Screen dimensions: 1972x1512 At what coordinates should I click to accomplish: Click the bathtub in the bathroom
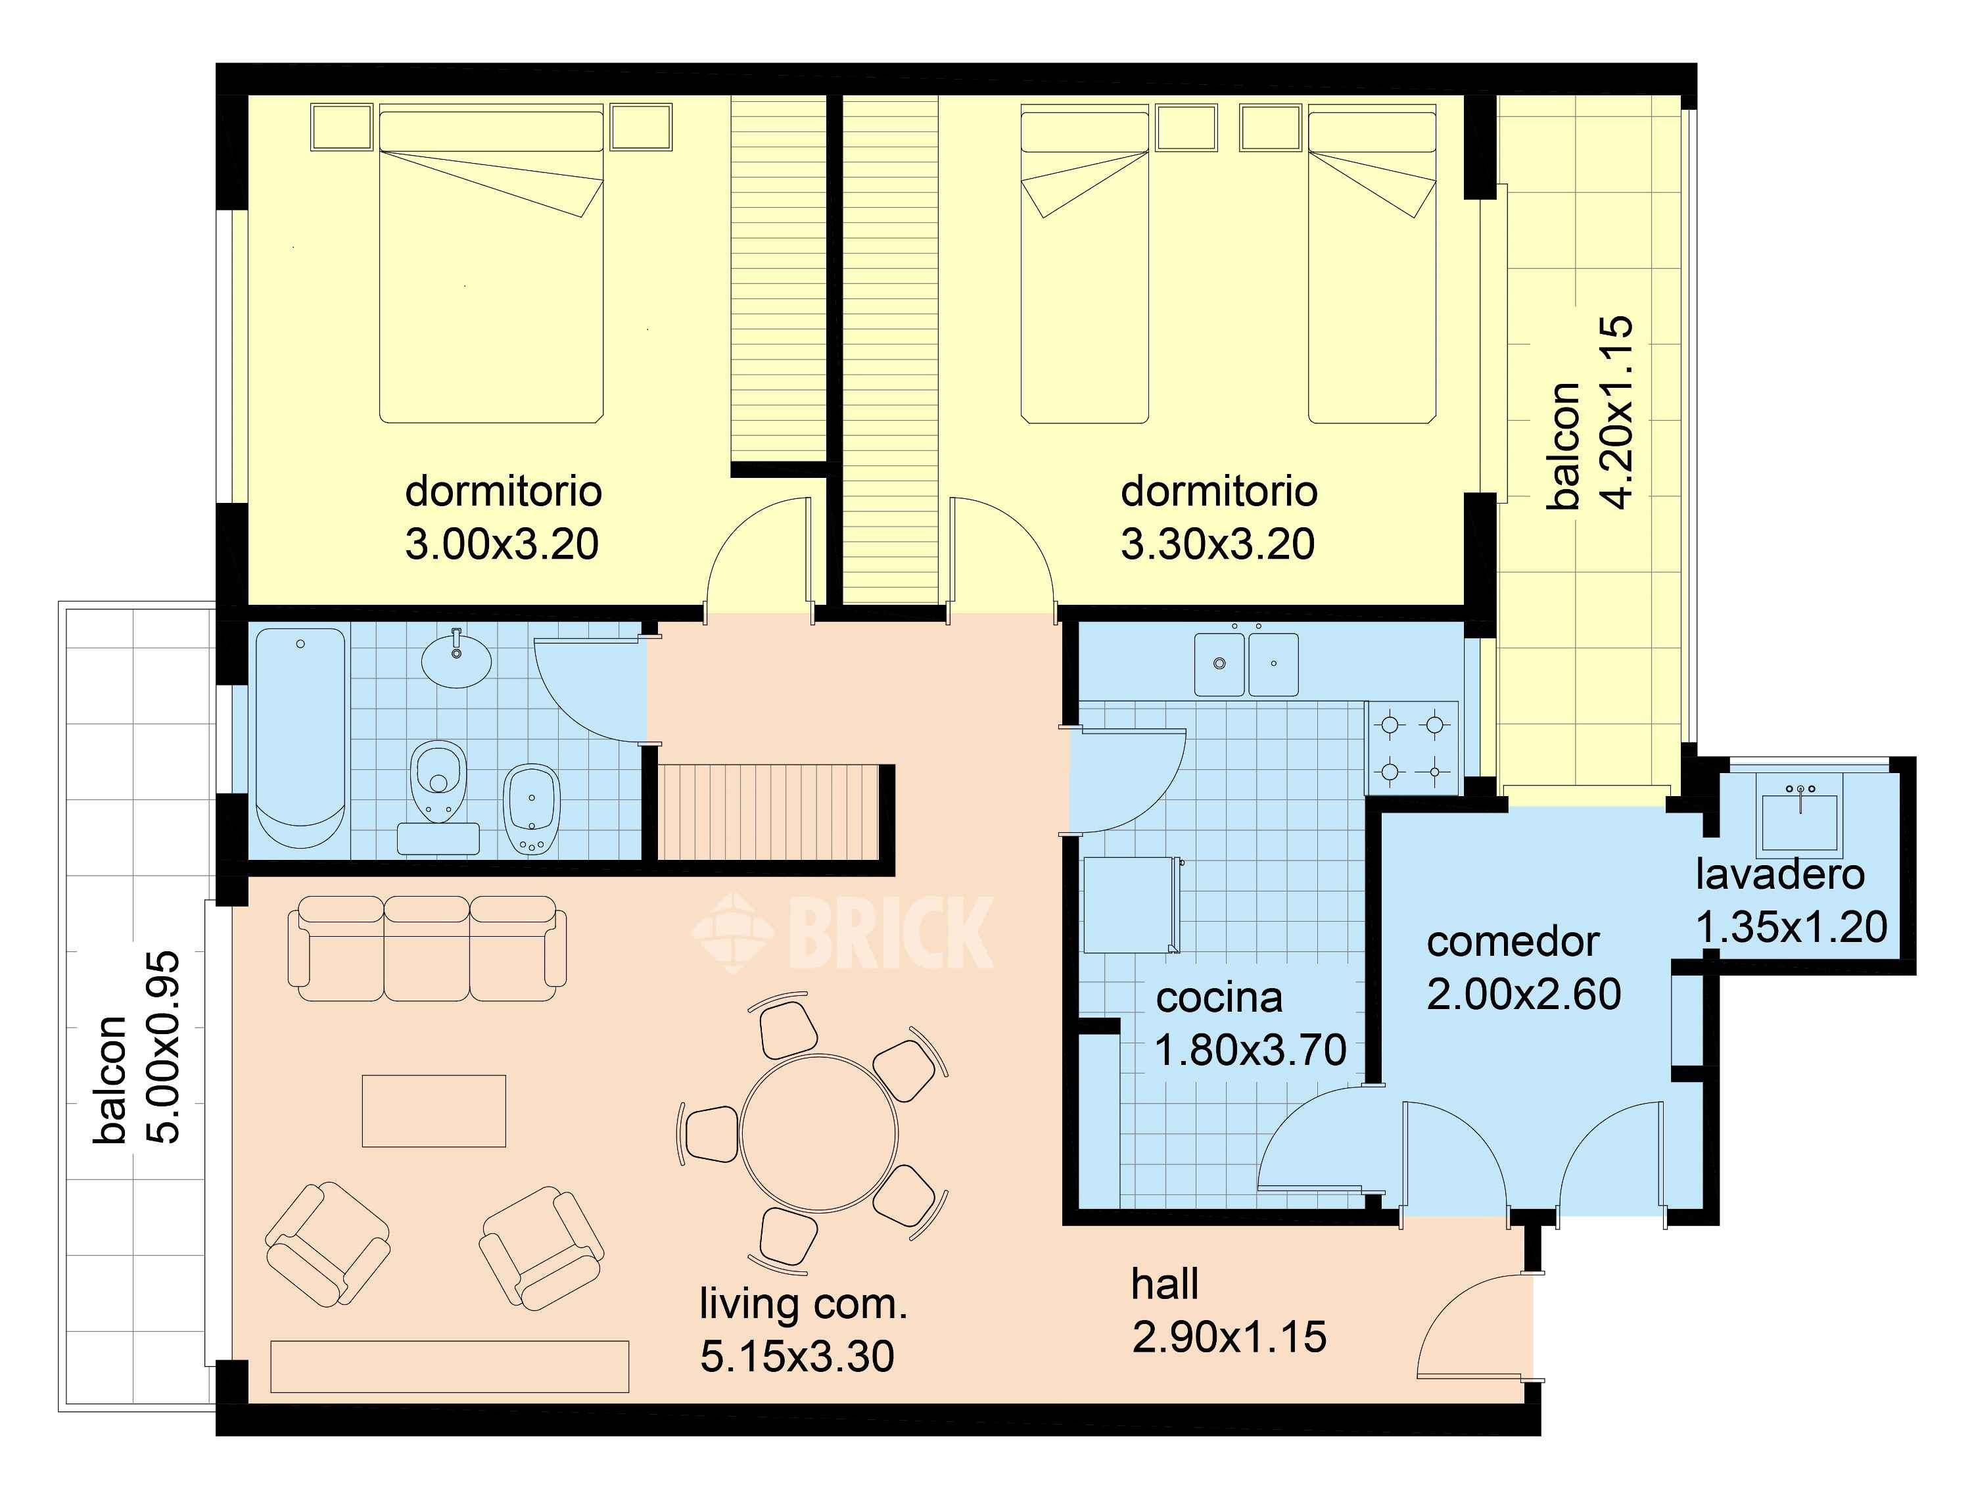pyautogui.click(x=300, y=738)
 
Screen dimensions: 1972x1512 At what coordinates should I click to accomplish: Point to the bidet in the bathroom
pyautogui.click(x=532, y=808)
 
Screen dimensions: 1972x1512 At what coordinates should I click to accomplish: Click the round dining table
pyautogui.click(x=819, y=1132)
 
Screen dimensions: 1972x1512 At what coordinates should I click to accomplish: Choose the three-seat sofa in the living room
pyautogui.click(x=427, y=948)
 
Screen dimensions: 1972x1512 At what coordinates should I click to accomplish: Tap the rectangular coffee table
pyautogui.click(x=434, y=1110)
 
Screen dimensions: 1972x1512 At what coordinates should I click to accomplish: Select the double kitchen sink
pyautogui.click(x=1246, y=664)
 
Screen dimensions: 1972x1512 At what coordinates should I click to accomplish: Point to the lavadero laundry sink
pyautogui.click(x=1799, y=820)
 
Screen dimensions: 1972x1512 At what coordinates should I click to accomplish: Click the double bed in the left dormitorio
pyautogui.click(x=490, y=264)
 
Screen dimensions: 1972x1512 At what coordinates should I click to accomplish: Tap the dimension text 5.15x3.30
pyautogui.click(x=797, y=1356)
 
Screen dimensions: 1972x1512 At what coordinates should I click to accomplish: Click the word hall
pyautogui.click(x=1165, y=1283)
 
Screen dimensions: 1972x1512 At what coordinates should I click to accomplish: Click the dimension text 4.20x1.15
pyautogui.click(x=1618, y=412)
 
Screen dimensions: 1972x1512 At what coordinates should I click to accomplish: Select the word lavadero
pyautogui.click(x=1779, y=874)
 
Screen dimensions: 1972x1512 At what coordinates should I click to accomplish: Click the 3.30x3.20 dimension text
pyautogui.click(x=1218, y=544)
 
